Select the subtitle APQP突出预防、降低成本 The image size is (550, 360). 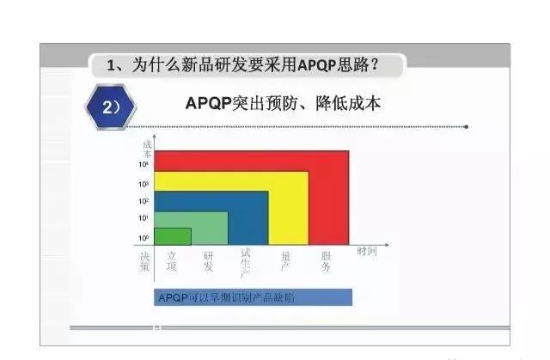point(283,104)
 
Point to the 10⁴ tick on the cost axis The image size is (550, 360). point(144,163)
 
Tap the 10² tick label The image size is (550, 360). point(144,201)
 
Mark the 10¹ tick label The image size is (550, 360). point(144,218)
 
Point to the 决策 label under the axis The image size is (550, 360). point(144,261)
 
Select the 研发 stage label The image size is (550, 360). point(208,261)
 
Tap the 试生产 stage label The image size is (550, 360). point(246,261)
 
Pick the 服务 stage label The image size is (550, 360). point(327,261)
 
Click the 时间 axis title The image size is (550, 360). point(367,250)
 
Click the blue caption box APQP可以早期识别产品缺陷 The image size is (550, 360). point(254,297)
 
